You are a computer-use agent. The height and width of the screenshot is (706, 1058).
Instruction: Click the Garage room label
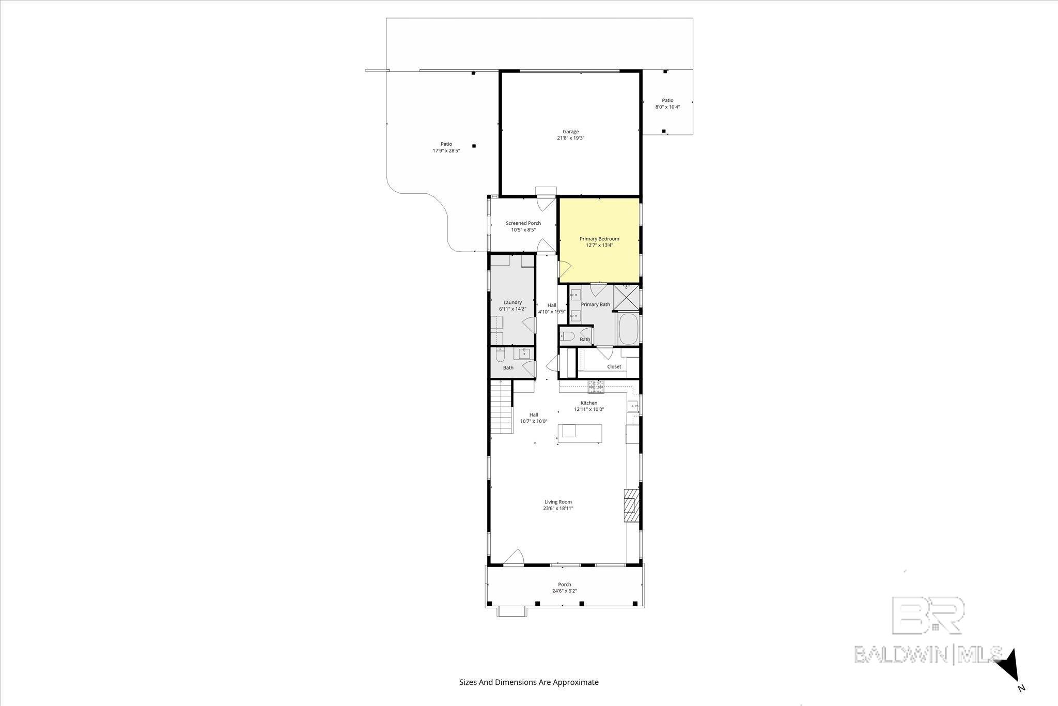click(x=570, y=131)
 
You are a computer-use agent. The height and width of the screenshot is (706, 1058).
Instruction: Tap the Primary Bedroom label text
click(x=599, y=239)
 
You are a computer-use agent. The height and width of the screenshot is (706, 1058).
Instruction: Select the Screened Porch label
click(x=523, y=223)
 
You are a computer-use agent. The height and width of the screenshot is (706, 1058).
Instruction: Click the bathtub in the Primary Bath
click(x=628, y=328)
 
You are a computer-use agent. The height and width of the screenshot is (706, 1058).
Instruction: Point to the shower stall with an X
click(x=626, y=298)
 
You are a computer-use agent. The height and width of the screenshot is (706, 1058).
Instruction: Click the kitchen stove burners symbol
click(x=596, y=385)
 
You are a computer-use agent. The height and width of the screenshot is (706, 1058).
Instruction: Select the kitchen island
click(x=580, y=432)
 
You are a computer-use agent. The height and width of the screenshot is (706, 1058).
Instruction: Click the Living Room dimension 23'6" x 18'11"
click(x=558, y=509)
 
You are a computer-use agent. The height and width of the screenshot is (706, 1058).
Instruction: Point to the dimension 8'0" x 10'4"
click(x=667, y=108)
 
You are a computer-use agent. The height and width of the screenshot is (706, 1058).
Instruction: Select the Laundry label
click(x=512, y=302)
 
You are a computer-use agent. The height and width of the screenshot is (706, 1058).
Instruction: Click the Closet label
click(x=614, y=366)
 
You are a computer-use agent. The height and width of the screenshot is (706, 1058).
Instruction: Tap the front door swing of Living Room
click(x=514, y=558)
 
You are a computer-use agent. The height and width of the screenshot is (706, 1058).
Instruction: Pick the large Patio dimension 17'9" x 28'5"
click(x=446, y=151)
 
